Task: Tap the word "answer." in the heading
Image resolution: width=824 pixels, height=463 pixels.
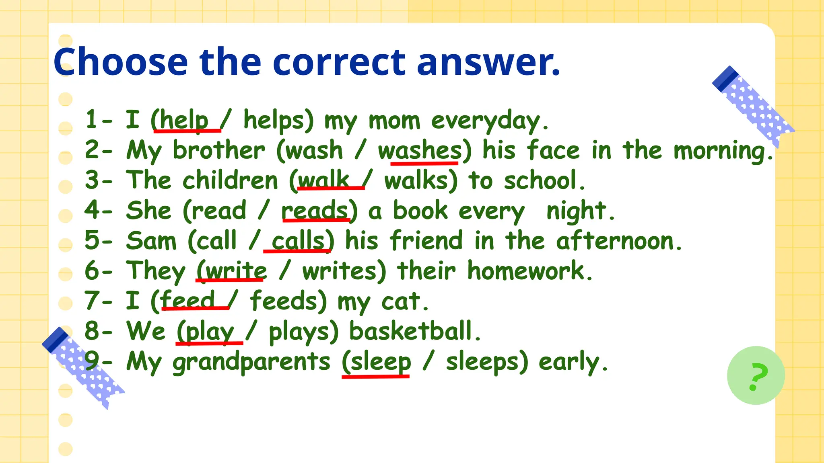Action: coord(488,62)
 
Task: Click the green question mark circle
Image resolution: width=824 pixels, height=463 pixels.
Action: coord(756,375)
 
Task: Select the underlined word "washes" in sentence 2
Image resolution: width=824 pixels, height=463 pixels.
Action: coord(420,151)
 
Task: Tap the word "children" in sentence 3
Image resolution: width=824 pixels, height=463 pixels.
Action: coord(230,180)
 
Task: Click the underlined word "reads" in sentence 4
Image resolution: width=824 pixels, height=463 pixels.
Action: coord(315,211)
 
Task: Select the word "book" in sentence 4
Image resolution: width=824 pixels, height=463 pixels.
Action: coord(420,211)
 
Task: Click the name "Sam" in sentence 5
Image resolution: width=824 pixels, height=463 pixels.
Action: coord(151,241)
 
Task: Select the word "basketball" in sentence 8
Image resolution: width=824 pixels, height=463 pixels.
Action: coord(410,331)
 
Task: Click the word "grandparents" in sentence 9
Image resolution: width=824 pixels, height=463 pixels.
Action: coord(251,361)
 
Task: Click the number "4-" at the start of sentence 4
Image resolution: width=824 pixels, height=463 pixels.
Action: coord(98,211)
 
